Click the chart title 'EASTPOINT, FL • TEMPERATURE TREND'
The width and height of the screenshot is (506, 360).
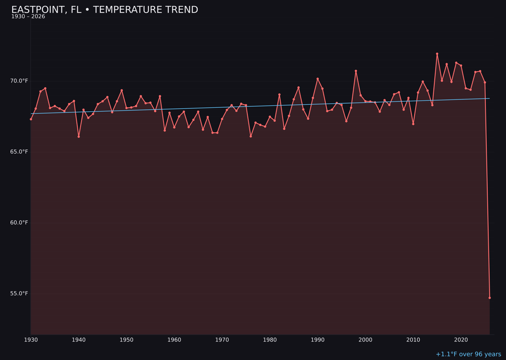[x=104, y=10]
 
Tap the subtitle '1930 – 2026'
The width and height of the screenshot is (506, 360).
[x=28, y=17]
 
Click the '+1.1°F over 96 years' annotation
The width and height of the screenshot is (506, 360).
[x=468, y=354]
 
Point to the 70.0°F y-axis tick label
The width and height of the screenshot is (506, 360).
[x=19, y=81]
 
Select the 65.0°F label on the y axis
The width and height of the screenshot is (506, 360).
[x=19, y=152]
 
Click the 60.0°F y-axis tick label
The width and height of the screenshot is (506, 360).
[x=19, y=223]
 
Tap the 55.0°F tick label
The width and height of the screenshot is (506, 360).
[x=19, y=293]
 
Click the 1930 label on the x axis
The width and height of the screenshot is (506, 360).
[x=31, y=340]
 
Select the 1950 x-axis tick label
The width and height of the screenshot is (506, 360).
[x=126, y=340]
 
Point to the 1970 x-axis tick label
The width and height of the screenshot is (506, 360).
[x=222, y=340]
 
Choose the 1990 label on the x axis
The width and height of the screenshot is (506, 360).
[x=318, y=340]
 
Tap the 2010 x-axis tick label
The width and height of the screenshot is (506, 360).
[x=413, y=340]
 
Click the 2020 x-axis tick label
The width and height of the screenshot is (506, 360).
[x=461, y=340]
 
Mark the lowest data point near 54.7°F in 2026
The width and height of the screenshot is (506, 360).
[x=490, y=298]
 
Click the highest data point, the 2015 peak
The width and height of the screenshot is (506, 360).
[x=437, y=54]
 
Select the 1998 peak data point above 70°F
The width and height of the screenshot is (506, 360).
[x=356, y=71]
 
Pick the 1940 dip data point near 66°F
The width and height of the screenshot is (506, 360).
[x=79, y=136]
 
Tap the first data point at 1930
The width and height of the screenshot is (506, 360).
[x=31, y=119]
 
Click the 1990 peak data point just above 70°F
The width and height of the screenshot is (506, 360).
[x=318, y=79]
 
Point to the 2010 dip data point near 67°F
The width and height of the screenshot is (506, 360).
[x=413, y=124]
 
